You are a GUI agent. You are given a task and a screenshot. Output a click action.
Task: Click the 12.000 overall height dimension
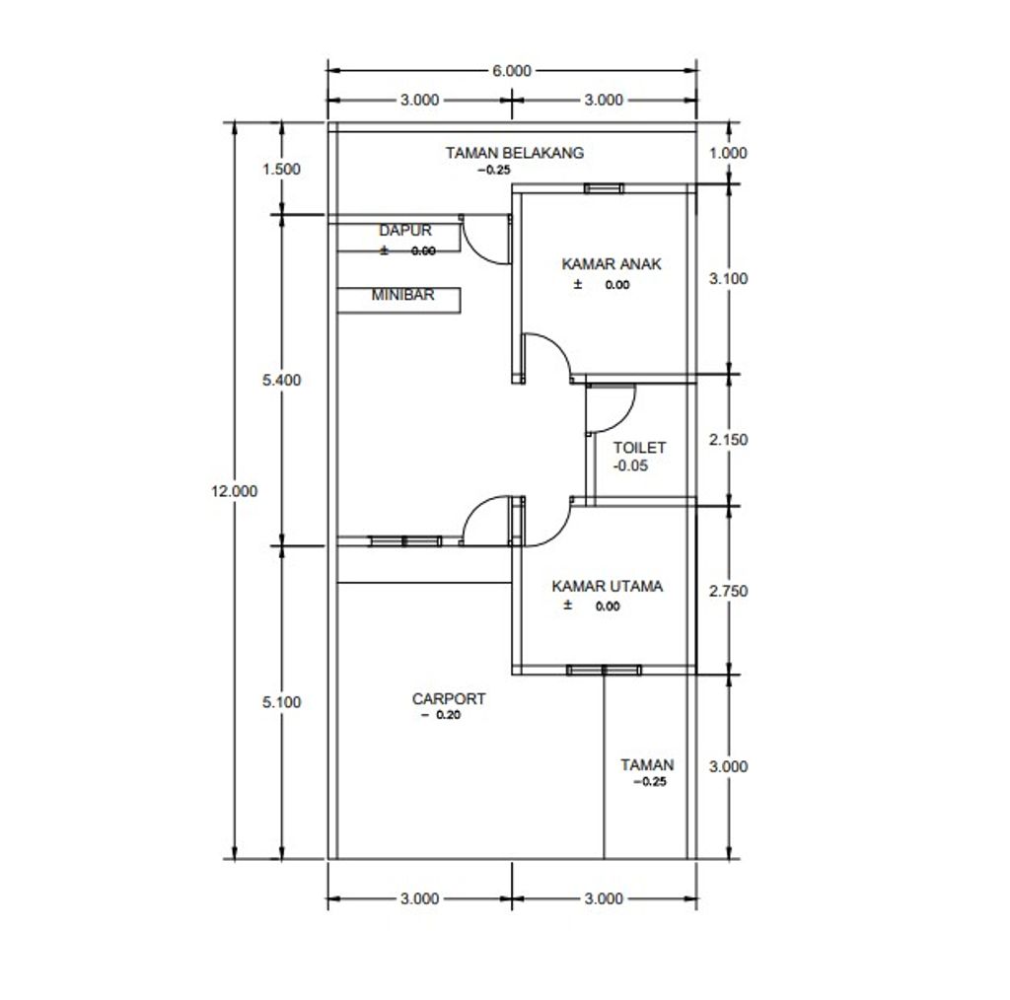pos(235,491)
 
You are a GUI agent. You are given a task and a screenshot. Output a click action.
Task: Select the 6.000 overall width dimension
pos(512,71)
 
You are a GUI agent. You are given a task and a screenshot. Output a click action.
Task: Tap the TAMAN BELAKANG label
pos(515,153)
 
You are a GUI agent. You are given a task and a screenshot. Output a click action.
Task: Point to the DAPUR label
pos(405,231)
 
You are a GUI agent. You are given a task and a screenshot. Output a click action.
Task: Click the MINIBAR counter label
pos(402,295)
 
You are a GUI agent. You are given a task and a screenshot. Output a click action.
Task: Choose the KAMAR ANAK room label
pos(612,264)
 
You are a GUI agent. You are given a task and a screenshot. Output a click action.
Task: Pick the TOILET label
pos(639,448)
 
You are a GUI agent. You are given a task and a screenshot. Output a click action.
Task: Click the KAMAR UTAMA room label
pos(607,587)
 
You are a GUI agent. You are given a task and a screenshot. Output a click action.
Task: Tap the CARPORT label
pos(449,698)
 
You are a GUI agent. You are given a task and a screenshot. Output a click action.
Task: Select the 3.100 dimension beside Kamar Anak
pos(729,279)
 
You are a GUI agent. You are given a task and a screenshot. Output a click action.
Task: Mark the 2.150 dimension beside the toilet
pos(729,440)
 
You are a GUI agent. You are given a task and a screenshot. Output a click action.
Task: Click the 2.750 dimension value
pos(729,591)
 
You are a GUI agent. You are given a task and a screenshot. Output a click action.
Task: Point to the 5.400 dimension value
pos(281,380)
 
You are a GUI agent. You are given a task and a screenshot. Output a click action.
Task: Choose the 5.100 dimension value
pos(281,702)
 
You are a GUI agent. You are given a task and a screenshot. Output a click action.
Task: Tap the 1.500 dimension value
pos(281,170)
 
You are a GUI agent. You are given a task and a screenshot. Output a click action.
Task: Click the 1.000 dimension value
pos(729,153)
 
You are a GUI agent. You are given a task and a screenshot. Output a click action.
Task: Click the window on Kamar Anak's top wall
pos(604,188)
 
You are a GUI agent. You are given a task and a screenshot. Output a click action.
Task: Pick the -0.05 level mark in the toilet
pos(630,466)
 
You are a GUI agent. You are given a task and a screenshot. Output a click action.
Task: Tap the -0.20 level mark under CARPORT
pos(441,715)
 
